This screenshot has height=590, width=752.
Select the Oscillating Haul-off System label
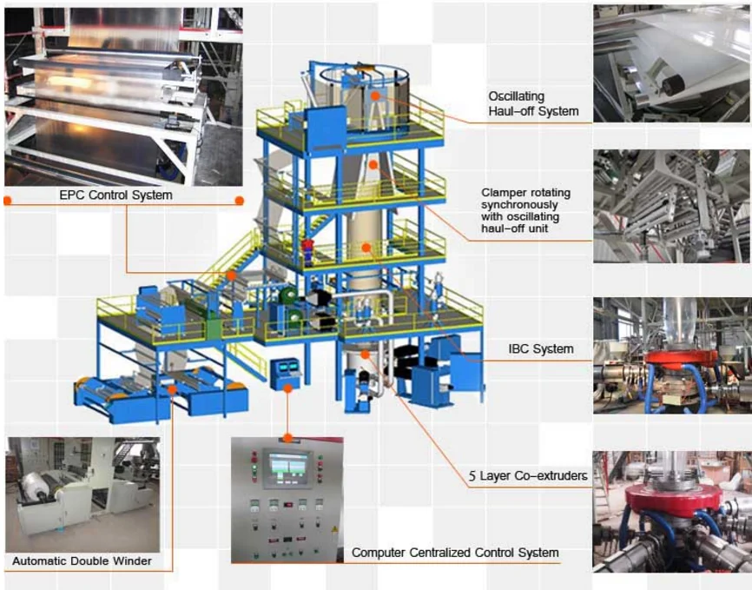pyautogui.click(x=532, y=103)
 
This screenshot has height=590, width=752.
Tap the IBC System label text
pyautogui.click(x=540, y=349)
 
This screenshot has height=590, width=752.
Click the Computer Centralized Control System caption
pyautogui.click(x=454, y=553)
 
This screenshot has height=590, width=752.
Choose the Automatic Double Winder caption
pyautogui.click(x=82, y=561)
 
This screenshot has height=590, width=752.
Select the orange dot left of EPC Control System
pyautogui.click(x=8, y=200)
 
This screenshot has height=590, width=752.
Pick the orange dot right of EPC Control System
pyautogui.click(x=239, y=200)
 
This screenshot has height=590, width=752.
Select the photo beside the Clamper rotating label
pyautogui.click(x=671, y=206)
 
